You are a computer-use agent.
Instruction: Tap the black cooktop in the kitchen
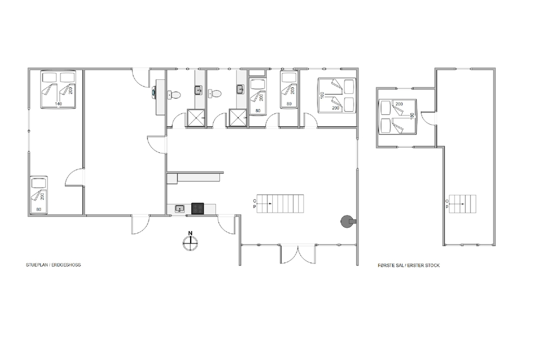coord(197,208)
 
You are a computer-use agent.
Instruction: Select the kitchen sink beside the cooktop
coord(179,208)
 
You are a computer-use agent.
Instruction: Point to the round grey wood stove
coord(347,221)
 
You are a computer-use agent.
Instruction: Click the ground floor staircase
coord(280,203)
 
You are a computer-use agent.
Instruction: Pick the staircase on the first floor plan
coord(462,204)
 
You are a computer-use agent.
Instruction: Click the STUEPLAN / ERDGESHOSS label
coord(53,265)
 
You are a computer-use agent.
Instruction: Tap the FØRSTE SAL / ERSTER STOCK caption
coord(409,266)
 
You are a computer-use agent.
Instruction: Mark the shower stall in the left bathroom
coord(196,118)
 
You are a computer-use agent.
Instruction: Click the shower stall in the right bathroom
coord(238,118)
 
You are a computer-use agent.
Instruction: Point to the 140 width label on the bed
coord(58,104)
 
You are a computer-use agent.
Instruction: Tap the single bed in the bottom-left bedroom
coord(38,195)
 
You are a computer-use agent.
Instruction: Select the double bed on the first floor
coord(397,117)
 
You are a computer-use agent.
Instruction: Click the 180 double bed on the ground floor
coord(336,96)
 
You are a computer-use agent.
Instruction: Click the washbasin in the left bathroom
coord(198,90)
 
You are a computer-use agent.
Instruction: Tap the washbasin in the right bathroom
coord(240,89)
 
